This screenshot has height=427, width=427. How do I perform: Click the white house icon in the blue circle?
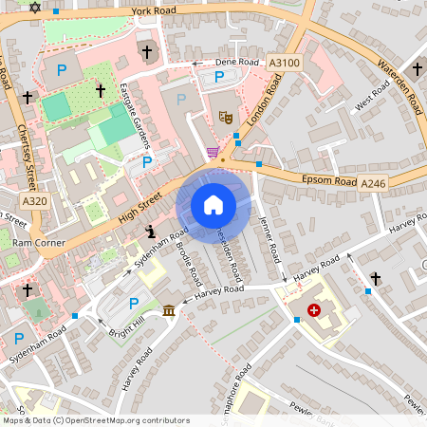click(x=213, y=204)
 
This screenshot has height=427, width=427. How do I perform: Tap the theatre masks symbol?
click(x=226, y=117)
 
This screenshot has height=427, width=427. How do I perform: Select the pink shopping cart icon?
click(x=213, y=152)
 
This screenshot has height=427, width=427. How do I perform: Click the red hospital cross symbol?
click(x=314, y=309)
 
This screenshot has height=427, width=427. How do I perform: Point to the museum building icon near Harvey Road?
click(x=169, y=311)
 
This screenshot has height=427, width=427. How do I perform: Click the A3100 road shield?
click(x=284, y=63)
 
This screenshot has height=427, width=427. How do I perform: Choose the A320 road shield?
click(x=34, y=201)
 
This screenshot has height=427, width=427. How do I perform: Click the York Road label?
click(x=154, y=11)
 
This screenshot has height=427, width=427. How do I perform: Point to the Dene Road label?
click(x=237, y=62)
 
